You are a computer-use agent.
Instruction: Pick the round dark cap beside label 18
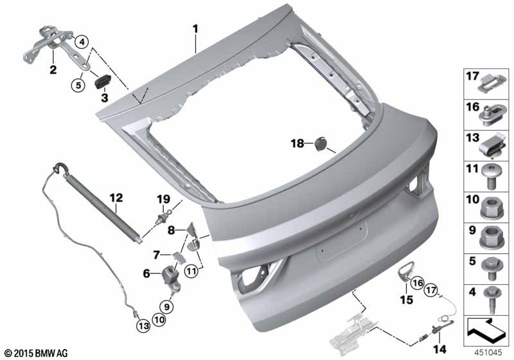coord(321,143)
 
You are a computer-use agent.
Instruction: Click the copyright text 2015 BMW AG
coord(35,352)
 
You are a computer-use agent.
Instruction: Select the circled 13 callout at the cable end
coord(142,325)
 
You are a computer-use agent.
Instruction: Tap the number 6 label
coord(148,273)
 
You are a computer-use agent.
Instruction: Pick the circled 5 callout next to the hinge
coord(78,83)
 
